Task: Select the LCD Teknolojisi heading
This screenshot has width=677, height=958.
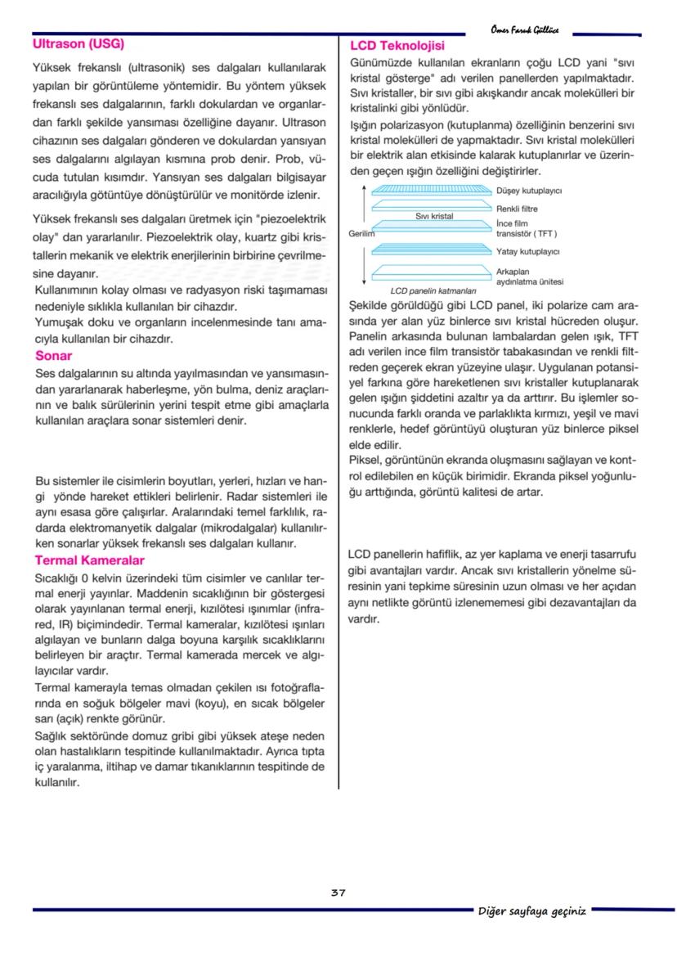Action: [397, 45]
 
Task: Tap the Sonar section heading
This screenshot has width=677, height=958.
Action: [53, 356]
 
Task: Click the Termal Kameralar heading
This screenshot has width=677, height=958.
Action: [89, 560]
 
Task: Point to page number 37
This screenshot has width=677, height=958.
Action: [338, 893]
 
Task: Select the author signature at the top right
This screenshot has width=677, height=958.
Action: [525, 30]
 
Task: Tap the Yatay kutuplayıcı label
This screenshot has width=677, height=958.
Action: [527, 251]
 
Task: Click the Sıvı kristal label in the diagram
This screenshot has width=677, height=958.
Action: [434, 217]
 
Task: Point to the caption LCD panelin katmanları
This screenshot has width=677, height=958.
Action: [428, 290]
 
